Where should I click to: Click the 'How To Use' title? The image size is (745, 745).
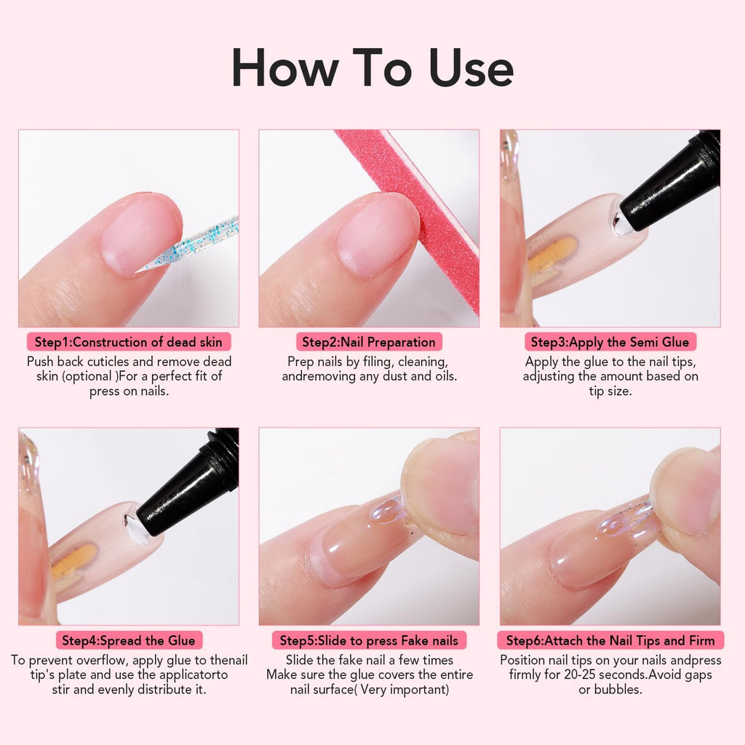(372, 68)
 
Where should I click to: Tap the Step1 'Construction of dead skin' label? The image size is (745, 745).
(129, 342)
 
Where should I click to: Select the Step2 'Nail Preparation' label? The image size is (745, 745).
(369, 342)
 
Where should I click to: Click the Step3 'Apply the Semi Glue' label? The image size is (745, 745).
(610, 342)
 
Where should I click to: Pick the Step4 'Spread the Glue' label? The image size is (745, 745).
(129, 640)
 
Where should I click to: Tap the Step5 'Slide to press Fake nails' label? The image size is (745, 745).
(369, 640)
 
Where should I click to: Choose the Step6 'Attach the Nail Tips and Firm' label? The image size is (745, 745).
(610, 640)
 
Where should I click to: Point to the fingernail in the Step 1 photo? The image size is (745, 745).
(138, 233)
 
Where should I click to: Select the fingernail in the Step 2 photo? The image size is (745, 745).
(378, 233)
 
